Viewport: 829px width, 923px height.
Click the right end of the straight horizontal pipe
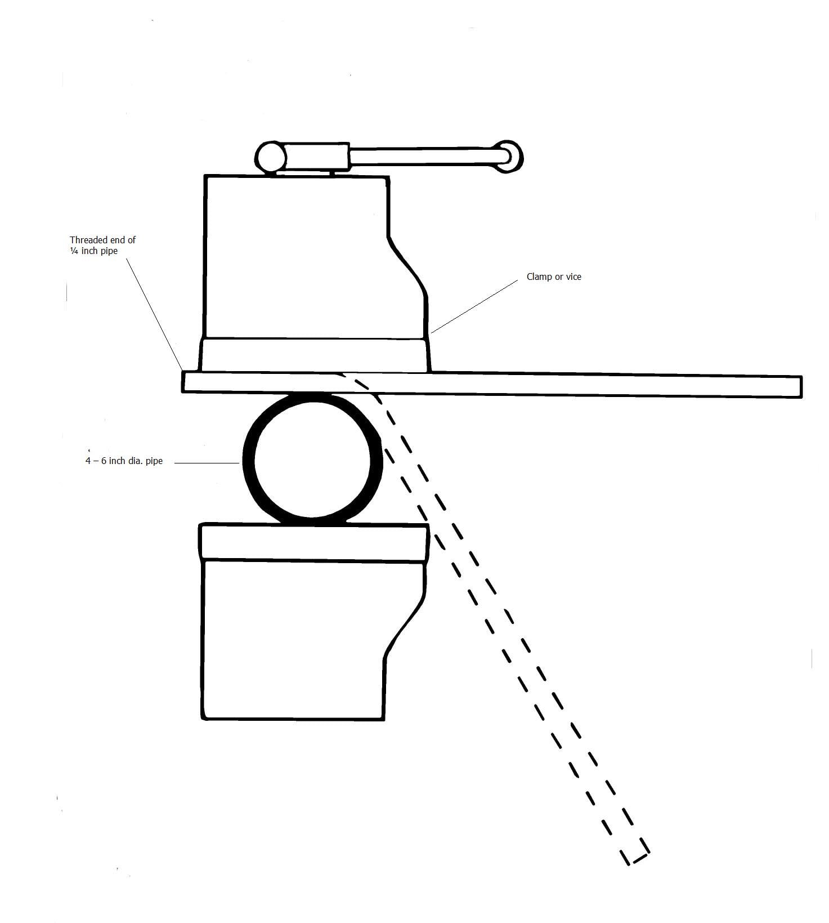coord(801,387)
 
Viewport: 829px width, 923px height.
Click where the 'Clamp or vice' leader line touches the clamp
coord(431,333)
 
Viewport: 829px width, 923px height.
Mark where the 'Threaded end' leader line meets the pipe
coord(182,370)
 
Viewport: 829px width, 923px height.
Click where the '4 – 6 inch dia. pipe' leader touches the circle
coord(241,463)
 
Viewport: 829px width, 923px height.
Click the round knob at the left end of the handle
coord(270,156)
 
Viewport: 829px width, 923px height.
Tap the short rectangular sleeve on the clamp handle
coord(317,157)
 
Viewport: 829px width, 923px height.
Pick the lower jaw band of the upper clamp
coord(314,355)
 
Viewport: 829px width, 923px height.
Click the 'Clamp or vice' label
coord(554,277)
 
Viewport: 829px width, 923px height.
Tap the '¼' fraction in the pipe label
coord(74,251)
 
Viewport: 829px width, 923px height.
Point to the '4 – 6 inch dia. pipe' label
coord(124,461)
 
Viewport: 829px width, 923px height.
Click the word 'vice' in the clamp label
coord(573,277)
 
